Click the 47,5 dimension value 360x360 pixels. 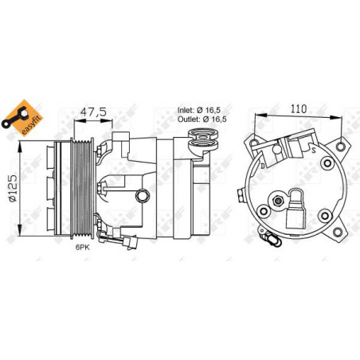pos(93,112)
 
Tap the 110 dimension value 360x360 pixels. pos(299,108)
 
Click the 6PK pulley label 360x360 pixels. pos(83,248)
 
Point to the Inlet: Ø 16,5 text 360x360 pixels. pos(199,110)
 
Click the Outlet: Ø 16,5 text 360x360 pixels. pos(202,119)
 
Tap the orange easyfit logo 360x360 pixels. pos(22,118)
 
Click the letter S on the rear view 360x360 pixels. pos(314,151)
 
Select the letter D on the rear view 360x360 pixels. pos(262,166)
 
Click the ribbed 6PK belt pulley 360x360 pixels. pos(82,187)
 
